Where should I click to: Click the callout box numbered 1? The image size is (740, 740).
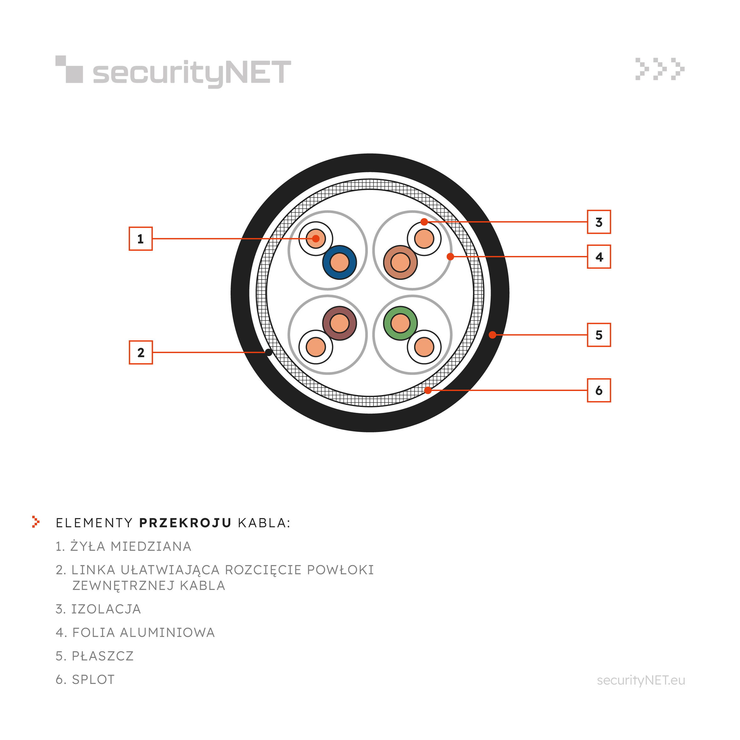click(141, 239)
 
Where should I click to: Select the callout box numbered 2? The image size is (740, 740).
click(141, 352)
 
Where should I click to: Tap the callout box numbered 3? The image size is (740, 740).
click(599, 222)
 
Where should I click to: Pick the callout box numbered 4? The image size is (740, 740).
click(599, 257)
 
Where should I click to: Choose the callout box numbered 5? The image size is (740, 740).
click(599, 335)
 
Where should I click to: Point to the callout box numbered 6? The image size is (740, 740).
click(599, 390)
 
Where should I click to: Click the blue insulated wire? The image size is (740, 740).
click(339, 262)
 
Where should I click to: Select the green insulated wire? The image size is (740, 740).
click(400, 323)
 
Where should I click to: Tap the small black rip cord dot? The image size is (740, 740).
click(269, 352)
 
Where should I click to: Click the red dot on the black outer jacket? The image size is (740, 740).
click(492, 335)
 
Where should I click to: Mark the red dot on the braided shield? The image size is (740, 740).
click(428, 390)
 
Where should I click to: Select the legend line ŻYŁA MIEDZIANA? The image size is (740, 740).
click(123, 546)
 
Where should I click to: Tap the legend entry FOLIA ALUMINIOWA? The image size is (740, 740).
click(135, 632)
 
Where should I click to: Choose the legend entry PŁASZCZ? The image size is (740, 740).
click(95, 656)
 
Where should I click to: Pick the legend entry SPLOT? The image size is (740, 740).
click(85, 680)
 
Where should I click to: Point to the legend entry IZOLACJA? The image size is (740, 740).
click(98, 609)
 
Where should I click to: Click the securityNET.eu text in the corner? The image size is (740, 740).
click(641, 680)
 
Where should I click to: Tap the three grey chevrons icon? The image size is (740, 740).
click(660, 69)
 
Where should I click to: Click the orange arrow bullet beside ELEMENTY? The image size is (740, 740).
click(36, 522)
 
